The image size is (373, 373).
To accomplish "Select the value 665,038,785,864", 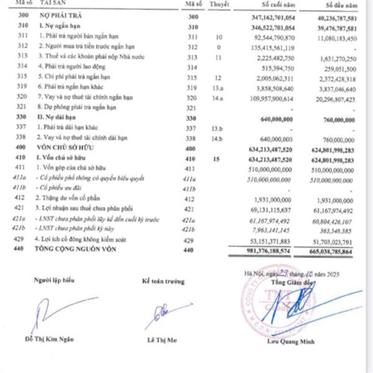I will tap(333, 251).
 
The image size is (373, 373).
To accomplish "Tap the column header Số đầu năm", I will tap(341, 4).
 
